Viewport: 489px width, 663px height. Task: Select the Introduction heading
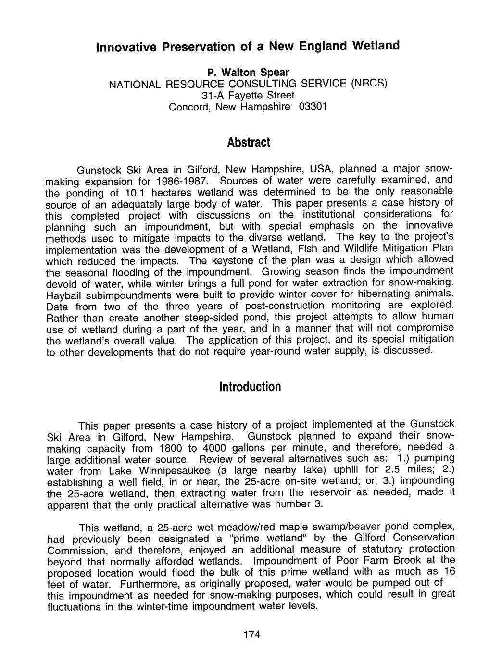250,387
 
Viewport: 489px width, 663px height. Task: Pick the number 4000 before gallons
211,448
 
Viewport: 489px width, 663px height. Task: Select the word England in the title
323,46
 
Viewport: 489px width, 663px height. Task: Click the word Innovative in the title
126,48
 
